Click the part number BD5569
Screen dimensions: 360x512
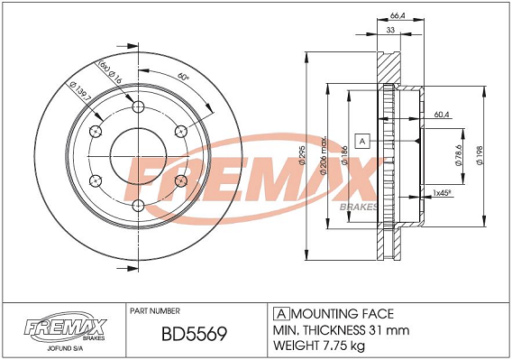[193, 335]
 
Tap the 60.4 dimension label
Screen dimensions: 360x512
[441, 115]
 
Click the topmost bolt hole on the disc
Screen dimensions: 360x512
[139, 108]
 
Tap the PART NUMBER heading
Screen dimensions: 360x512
[160, 309]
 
